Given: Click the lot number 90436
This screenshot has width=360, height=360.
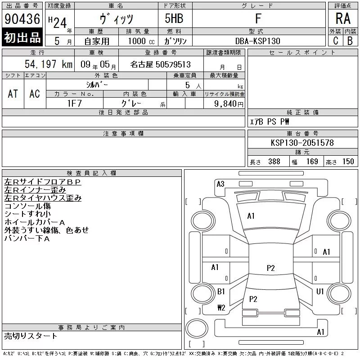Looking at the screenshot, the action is pyautogui.click(x=22, y=19).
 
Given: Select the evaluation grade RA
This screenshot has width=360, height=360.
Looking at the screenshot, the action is pyautogui.click(x=343, y=18).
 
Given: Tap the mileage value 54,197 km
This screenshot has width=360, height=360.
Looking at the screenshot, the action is pyautogui.click(x=49, y=64).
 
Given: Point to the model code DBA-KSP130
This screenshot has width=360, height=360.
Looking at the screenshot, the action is pyautogui.click(x=257, y=41).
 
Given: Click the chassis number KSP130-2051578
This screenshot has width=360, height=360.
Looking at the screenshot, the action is pyautogui.click(x=302, y=143).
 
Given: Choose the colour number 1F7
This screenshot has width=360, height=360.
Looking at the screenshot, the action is pyautogui.click(x=74, y=103).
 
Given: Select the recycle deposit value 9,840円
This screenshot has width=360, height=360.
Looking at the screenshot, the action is pyautogui.click(x=229, y=104).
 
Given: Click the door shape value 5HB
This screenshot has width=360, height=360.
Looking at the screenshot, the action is pyautogui.click(x=174, y=18).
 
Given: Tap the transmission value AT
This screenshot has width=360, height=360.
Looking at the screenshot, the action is pyautogui.click(x=13, y=94).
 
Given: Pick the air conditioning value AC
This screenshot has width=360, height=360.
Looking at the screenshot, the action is pyautogui.click(x=35, y=94).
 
